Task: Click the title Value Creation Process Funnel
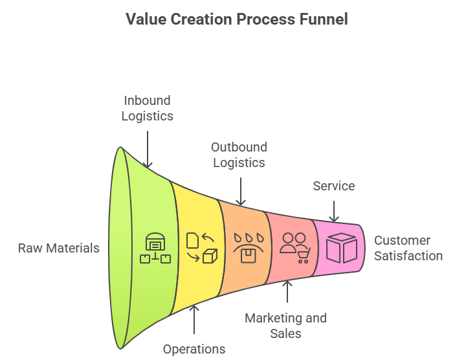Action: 237,19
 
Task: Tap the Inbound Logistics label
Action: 148,108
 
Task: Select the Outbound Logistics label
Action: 239,155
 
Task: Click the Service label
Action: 334,186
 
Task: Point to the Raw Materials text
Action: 59,248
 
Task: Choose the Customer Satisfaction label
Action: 408,248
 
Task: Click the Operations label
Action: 194,349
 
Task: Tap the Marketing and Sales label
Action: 285,326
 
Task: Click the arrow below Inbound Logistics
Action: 148,149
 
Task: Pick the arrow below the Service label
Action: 334,211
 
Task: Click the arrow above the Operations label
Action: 194,319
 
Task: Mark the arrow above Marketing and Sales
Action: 287,293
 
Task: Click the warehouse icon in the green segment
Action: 155,249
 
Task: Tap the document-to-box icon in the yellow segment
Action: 201,249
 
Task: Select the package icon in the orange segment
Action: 248,249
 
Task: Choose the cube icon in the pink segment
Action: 341,248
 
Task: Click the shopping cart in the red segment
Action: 303,256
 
